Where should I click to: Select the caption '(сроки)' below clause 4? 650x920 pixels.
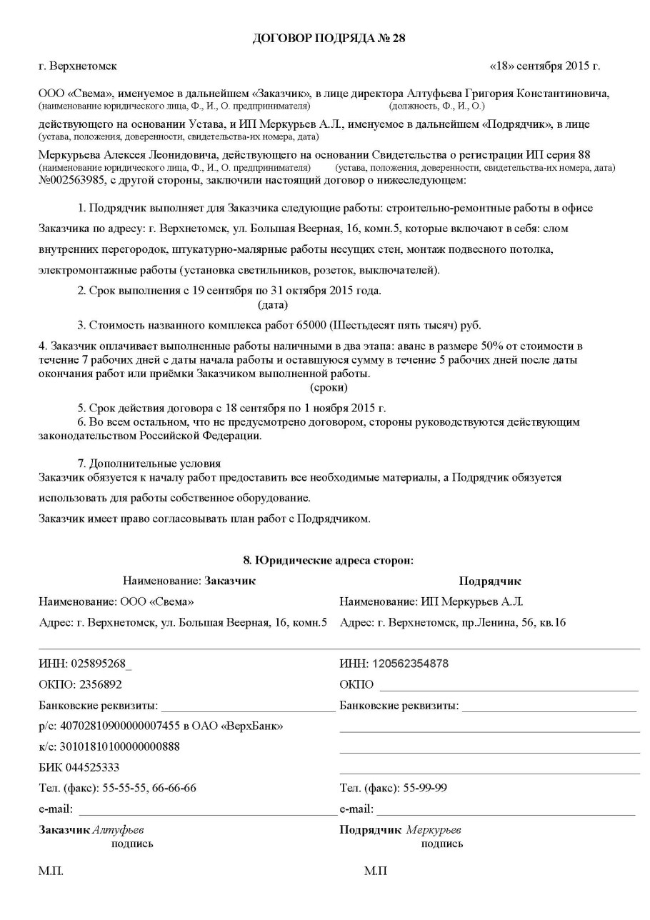click(329, 388)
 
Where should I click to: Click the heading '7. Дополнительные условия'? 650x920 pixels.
click(149, 463)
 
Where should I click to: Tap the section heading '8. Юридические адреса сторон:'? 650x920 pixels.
click(329, 561)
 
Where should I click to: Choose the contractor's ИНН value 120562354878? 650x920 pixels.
click(409, 664)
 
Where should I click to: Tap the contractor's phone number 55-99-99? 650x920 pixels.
click(426, 789)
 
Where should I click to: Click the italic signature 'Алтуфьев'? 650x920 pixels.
click(123, 830)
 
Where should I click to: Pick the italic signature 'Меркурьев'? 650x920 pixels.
click(434, 830)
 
